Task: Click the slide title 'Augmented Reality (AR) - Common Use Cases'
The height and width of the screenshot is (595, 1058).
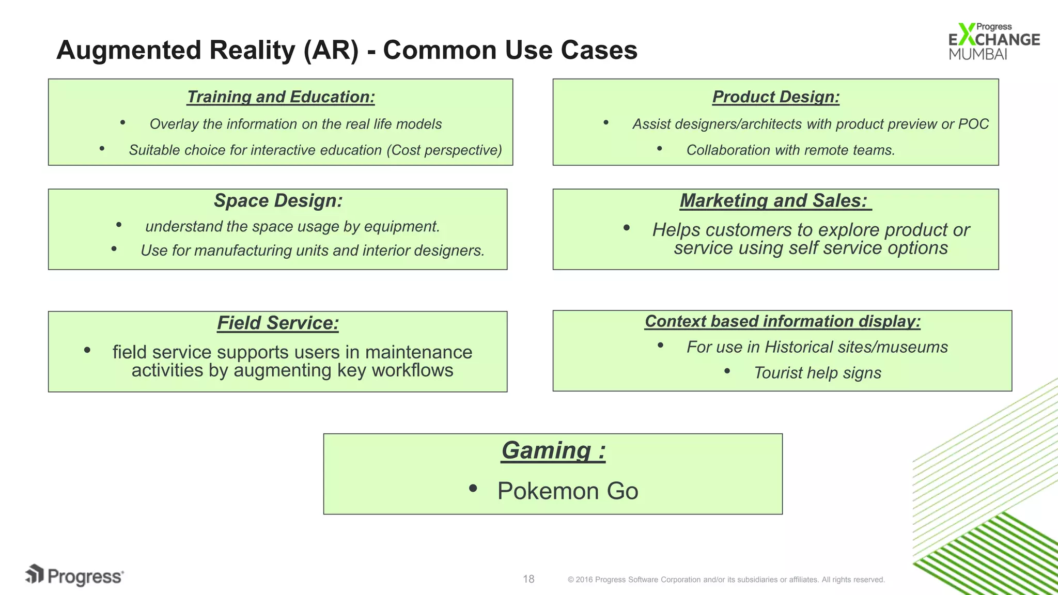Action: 347,50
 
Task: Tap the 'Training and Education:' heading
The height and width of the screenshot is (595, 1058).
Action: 281,97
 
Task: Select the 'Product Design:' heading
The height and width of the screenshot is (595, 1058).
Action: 775,97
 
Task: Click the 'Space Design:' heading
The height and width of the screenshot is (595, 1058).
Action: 278,200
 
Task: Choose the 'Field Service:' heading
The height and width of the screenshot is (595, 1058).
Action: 278,323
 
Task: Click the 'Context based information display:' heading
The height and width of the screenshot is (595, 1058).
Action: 782,321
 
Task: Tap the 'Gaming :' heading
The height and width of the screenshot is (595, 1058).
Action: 553,450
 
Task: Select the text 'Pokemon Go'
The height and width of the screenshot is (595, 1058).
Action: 568,491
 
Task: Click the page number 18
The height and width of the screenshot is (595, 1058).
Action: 528,579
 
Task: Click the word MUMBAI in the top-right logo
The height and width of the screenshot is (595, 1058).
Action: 978,54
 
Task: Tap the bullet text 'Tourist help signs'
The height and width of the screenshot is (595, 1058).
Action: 817,373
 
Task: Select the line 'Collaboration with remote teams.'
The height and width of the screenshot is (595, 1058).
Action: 790,150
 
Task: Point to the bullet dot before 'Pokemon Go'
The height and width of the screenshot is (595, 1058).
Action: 473,488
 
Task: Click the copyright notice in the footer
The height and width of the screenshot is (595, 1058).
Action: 726,580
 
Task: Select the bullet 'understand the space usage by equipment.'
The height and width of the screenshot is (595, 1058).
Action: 292,227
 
